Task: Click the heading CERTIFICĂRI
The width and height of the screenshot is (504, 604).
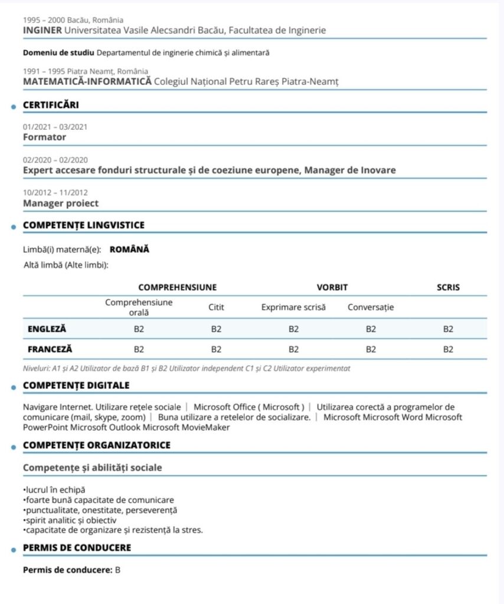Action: [51, 105]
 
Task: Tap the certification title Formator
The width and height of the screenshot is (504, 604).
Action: [44, 137]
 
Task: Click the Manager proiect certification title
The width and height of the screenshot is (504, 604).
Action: [61, 203]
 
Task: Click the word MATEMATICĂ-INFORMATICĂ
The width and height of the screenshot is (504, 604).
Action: [87, 81]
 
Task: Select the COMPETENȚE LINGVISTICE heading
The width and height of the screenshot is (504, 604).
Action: [83, 225]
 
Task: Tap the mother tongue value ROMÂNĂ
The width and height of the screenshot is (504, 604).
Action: [129, 250]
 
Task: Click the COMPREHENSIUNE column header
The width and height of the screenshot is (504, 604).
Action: [177, 288]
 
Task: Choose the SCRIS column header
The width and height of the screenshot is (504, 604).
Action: [448, 288]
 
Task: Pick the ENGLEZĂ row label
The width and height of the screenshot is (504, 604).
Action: [47, 329]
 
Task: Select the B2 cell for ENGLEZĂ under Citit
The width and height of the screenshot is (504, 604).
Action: [216, 329]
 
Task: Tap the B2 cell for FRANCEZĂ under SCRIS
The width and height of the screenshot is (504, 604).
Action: [448, 349]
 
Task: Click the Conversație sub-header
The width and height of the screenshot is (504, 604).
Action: [371, 307]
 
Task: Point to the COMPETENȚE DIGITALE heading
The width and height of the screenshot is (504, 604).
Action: [76, 385]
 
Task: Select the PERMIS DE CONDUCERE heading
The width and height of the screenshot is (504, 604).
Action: [77, 548]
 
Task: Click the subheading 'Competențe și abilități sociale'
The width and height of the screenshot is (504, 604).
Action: [92, 468]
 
